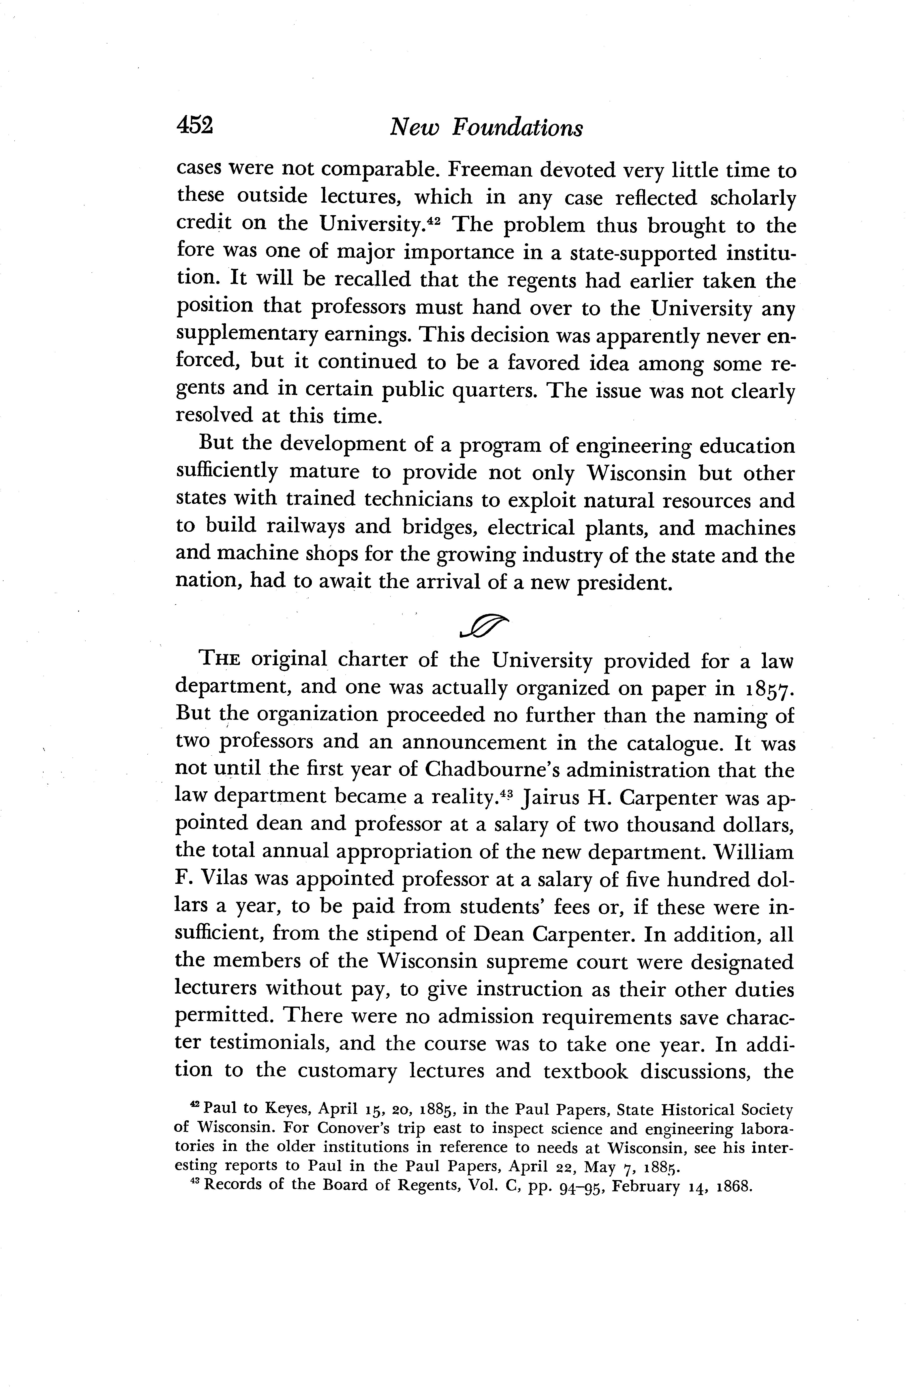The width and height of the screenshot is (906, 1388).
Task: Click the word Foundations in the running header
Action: click(518, 127)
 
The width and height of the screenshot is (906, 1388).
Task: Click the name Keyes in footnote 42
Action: click(282, 1110)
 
